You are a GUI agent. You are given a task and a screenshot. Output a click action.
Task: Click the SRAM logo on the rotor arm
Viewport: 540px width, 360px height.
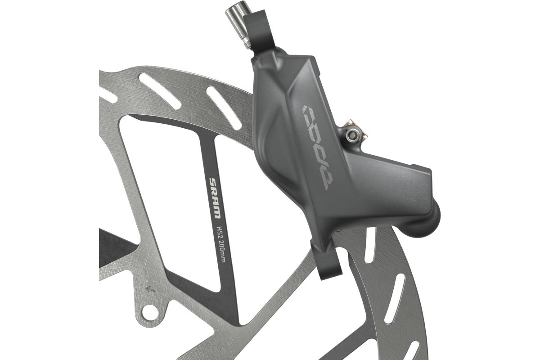pos(215,198)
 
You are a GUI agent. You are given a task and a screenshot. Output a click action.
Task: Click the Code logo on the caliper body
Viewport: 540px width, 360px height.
pos(318,147)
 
